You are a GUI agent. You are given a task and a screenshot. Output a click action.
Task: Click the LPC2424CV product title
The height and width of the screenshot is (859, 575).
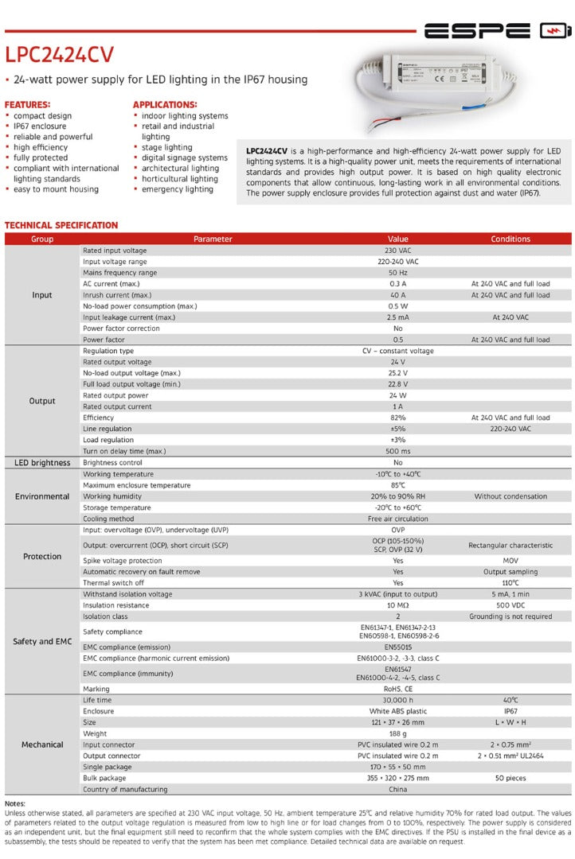click(59, 54)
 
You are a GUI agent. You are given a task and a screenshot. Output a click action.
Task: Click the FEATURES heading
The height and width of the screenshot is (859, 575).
click(28, 104)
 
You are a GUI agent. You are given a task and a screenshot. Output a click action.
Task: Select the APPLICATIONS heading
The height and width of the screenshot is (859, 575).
click(165, 104)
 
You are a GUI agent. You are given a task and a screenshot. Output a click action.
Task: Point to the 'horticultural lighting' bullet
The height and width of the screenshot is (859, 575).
click(180, 179)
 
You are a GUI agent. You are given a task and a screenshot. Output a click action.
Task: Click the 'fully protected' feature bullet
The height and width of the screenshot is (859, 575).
click(41, 157)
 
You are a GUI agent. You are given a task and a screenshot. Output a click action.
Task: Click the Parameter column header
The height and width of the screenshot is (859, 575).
click(213, 239)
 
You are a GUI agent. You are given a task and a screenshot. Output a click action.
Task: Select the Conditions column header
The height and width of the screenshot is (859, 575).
click(510, 239)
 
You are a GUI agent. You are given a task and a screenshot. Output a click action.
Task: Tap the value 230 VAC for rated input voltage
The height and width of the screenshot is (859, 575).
click(397, 251)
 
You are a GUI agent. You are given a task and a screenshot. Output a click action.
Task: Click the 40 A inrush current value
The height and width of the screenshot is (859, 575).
click(397, 295)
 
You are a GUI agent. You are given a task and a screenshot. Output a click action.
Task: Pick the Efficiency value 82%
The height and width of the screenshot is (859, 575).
click(397, 418)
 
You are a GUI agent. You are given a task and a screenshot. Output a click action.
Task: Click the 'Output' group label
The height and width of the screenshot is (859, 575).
click(42, 401)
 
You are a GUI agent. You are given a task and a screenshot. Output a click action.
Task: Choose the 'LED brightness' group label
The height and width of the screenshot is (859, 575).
click(42, 462)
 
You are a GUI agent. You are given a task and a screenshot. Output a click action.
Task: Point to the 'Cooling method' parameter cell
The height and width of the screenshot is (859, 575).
click(109, 519)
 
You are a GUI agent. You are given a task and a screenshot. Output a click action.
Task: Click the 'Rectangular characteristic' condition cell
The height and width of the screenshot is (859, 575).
click(510, 546)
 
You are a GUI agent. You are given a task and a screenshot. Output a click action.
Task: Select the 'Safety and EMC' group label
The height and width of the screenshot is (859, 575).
click(42, 641)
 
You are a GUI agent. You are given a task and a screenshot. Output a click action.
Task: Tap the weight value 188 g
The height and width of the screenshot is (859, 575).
click(397, 733)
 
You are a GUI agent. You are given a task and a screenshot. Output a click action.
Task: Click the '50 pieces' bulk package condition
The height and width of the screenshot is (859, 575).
click(510, 778)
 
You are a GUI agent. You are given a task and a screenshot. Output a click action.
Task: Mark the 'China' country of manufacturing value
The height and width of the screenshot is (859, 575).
click(397, 789)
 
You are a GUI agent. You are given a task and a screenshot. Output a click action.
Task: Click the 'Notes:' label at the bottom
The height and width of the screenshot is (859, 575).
click(15, 804)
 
